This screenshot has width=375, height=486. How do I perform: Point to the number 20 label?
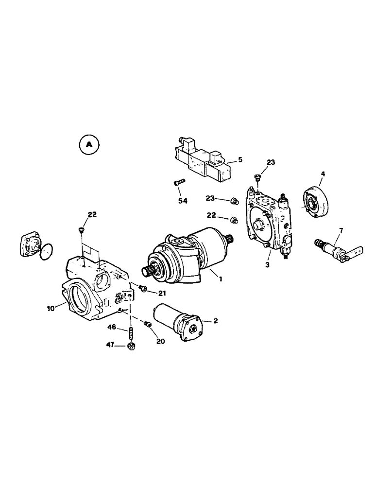click(x=160, y=341)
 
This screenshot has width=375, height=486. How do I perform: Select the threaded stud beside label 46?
click(x=131, y=333)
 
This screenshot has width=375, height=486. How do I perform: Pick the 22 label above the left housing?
click(x=92, y=215)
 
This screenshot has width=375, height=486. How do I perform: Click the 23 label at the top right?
click(x=271, y=163)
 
